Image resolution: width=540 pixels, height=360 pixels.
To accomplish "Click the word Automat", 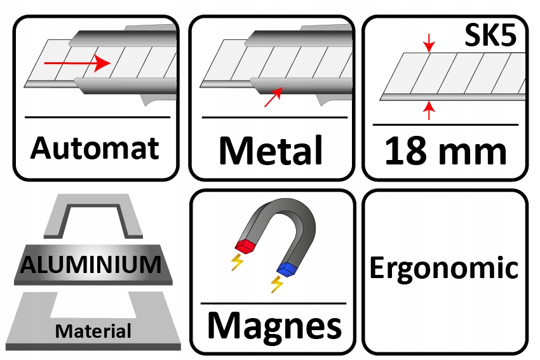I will [95, 149].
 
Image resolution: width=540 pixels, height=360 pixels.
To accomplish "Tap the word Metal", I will [271, 151].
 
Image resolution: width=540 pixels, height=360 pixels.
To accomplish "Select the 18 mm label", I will [446, 152].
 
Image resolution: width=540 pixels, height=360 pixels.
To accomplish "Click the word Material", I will [93, 331].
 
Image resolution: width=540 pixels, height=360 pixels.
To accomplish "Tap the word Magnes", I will [274, 325].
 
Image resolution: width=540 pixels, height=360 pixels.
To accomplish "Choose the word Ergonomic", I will [444, 268].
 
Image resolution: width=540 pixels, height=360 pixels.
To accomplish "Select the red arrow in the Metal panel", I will [274, 97].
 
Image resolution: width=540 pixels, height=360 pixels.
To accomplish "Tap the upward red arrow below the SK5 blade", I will [430, 110].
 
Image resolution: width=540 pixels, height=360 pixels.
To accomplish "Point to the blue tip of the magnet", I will [288, 269].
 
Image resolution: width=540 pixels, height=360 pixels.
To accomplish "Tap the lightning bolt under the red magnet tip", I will [237, 262].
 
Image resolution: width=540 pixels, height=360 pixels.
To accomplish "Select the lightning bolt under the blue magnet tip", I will [277, 284].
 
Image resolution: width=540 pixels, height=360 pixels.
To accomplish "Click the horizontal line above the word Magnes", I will [274, 303].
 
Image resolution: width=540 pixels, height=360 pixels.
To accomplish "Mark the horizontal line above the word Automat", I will [97, 117].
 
